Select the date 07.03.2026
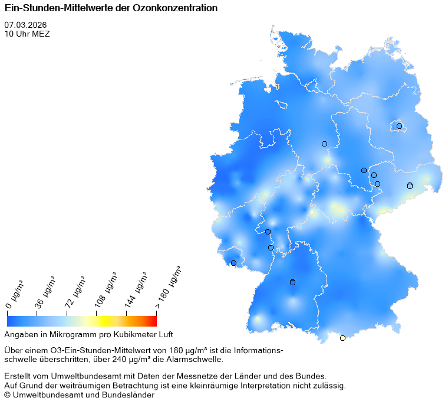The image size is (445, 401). [25, 25]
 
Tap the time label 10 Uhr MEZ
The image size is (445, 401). [27, 34]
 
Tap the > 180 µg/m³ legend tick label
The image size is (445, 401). [169, 287]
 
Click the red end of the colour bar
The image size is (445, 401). [153, 321]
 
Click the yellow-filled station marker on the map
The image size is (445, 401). [342, 338]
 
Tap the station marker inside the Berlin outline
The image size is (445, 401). [399, 126]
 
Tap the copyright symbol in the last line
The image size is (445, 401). [8, 395]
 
